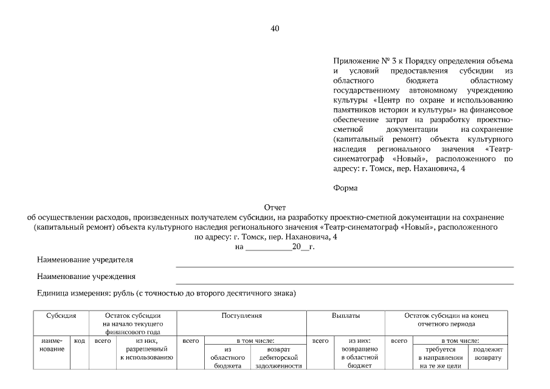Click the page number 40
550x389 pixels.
tap(275, 29)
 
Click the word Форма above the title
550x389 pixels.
tap(345, 188)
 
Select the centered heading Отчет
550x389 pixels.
tap(275, 208)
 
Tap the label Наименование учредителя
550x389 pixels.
tap(85, 260)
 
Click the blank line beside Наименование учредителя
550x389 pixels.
tap(344, 266)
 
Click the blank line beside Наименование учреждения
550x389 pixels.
tap(344, 283)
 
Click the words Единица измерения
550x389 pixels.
tap(69, 294)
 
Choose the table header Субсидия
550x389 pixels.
tap(61, 316)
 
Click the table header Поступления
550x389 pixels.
tap(241, 316)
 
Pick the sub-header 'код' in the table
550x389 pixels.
tap(79, 342)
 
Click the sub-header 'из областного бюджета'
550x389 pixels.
tap(229, 358)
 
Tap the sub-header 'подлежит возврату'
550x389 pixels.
tap(487, 354)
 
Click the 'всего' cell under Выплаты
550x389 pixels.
tap(320, 342)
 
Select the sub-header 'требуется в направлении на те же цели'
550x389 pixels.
tap(441, 358)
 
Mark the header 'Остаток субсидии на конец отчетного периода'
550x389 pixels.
tap(447, 320)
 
